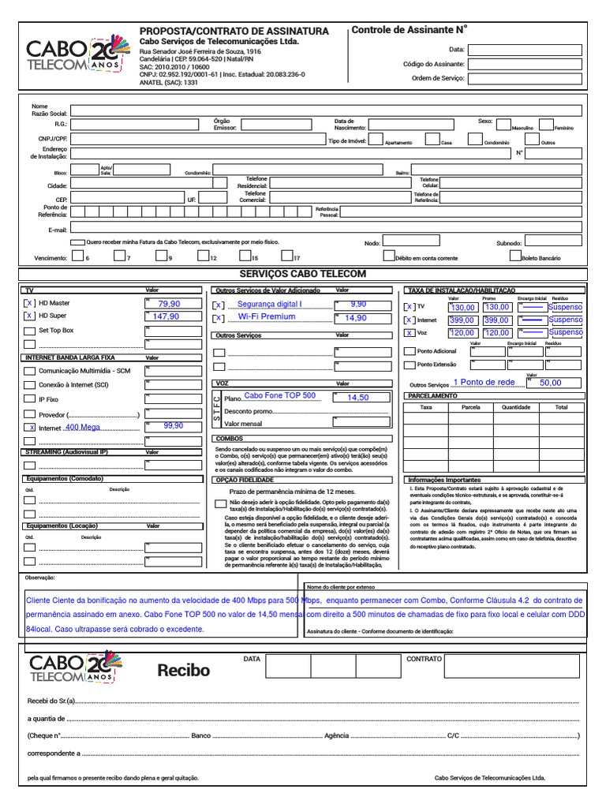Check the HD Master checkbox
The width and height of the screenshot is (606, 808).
tap(29, 303)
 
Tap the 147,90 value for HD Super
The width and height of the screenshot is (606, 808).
tap(166, 316)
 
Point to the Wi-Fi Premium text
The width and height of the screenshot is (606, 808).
tap(267, 317)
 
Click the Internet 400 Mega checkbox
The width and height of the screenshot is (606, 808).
tap(29, 427)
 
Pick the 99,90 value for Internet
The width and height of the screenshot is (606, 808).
tap(173, 425)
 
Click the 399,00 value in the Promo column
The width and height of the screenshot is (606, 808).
tap(496, 320)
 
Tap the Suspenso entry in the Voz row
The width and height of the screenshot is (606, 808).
tap(565, 333)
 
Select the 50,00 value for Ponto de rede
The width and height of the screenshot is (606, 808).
tap(551, 383)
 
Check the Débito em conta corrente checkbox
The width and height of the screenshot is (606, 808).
tap(388, 256)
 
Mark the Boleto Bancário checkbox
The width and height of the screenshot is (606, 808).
tap(514, 256)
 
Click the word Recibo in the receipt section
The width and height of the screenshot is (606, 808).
tap(184, 671)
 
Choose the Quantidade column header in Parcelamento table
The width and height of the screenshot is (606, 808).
tap(516, 407)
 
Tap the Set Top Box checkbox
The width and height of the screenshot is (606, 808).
tap(29, 331)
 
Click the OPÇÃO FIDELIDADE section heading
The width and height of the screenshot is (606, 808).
tap(245, 479)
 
